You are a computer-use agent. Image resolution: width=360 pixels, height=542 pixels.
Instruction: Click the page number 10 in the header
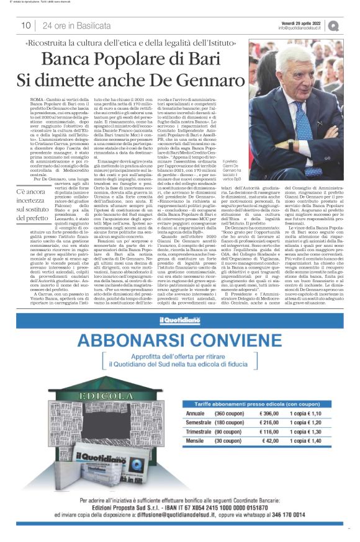[26, 25]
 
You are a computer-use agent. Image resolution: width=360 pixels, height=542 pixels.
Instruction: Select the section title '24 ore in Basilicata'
[73, 25]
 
